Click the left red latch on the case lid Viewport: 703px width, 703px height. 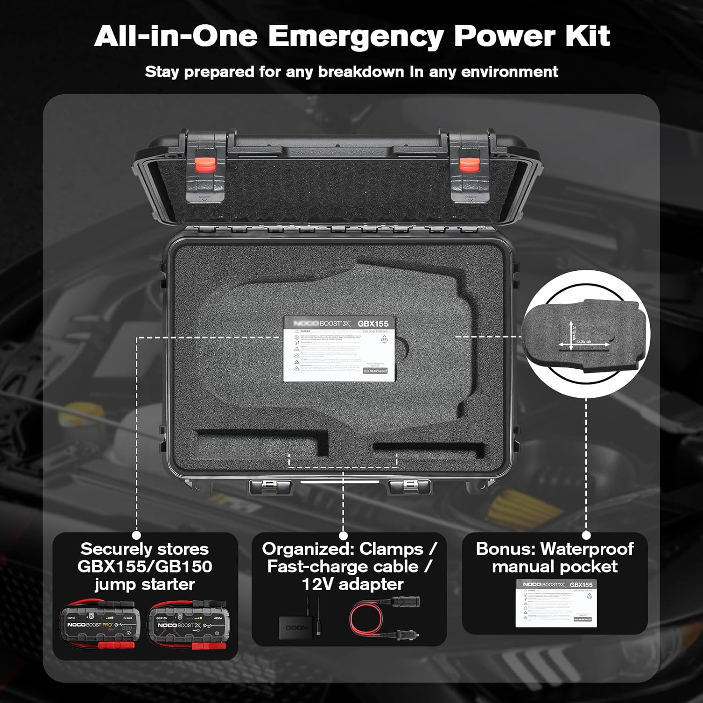[x=206, y=165]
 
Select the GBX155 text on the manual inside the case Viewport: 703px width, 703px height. [x=373, y=323]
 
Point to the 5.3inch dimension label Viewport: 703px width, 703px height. [x=584, y=342]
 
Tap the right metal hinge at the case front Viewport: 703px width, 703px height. [x=410, y=487]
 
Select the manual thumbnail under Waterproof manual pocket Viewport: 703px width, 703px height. [x=556, y=604]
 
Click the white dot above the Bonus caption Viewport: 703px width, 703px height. [x=586, y=535]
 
